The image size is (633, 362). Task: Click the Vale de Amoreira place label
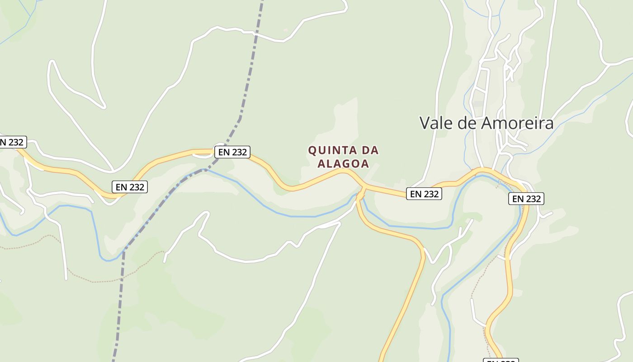click(x=487, y=123)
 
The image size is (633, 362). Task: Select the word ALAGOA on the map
click(x=343, y=163)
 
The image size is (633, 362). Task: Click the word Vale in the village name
click(x=435, y=123)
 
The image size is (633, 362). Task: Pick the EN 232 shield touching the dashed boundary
click(x=232, y=152)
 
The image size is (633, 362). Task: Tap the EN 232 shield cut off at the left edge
click(x=12, y=142)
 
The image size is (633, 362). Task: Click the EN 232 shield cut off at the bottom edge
click(x=501, y=360)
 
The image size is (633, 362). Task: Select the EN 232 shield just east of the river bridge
click(x=424, y=194)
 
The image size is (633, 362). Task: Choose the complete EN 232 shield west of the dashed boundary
click(x=130, y=186)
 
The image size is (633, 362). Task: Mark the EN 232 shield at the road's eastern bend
click(x=526, y=199)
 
